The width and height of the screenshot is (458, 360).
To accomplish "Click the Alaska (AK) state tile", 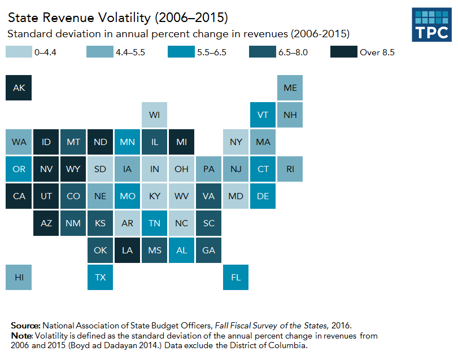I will [19, 88].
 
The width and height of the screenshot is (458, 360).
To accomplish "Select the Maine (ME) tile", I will [290, 88].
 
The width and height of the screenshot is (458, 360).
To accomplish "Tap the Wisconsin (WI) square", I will [154, 115].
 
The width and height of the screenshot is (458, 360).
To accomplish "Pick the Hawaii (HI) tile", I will [19, 277].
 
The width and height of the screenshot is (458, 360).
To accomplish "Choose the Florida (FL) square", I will [236, 277].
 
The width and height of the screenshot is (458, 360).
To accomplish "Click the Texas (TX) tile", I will [100, 277].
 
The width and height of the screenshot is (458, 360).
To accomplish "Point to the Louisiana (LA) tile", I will [127, 250].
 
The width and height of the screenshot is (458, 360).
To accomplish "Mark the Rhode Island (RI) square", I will [290, 169].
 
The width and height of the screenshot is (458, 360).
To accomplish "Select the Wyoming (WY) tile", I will [73, 169].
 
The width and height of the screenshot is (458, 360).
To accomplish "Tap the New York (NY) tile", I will [236, 142].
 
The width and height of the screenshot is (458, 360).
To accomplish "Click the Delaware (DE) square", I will [263, 196].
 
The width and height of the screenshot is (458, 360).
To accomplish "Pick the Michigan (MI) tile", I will [181, 142].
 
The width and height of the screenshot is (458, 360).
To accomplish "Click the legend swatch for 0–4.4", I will [18, 52].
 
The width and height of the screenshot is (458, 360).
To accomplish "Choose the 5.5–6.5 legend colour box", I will [181, 52].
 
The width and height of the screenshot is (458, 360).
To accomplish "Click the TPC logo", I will [431, 25].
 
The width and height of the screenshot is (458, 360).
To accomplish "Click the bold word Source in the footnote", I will [25, 326].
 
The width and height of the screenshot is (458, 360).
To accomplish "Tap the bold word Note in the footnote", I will [22, 335].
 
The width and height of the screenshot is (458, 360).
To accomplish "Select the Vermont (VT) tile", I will [263, 115].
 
